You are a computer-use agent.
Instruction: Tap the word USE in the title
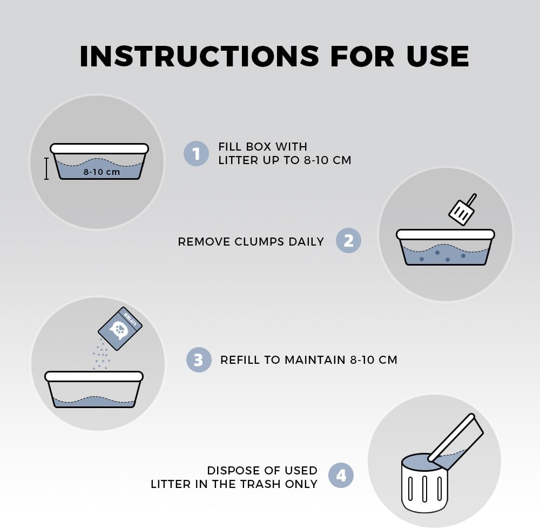437,56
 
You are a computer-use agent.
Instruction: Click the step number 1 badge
196,153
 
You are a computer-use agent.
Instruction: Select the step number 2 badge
348,240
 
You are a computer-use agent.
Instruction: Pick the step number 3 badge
199,360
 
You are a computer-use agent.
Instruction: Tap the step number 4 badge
341,476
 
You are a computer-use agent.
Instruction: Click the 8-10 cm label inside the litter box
102,172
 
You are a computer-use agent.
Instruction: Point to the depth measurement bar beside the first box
46,168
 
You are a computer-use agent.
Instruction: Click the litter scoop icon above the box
463,209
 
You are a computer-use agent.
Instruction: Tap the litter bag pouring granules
120,329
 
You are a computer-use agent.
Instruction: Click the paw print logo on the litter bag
118,330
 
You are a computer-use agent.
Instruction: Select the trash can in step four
424,483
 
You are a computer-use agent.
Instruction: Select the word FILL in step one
230,147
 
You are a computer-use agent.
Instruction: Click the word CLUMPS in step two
260,242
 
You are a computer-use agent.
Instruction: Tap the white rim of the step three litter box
94,376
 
